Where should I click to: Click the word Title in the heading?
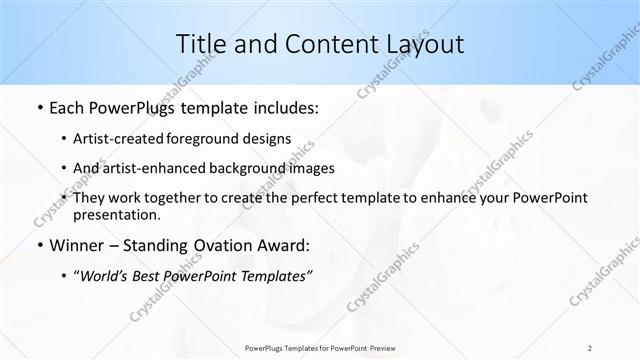point(200,44)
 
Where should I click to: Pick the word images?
point(312,168)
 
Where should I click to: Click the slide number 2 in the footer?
point(590,347)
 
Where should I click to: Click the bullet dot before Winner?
point(39,245)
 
